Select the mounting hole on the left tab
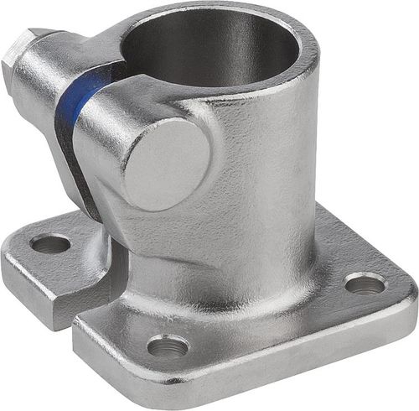(x=50, y=244)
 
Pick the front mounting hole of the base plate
(x=168, y=344)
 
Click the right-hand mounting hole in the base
(x=365, y=284)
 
